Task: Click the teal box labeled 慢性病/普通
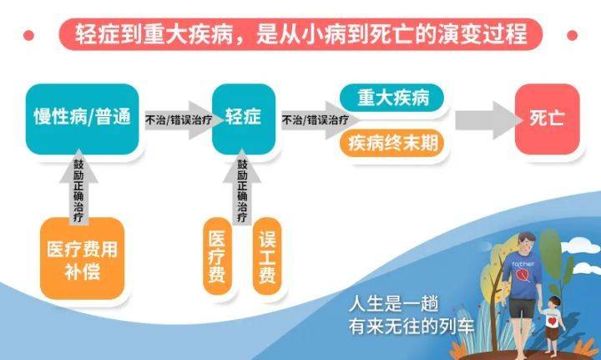(82, 118)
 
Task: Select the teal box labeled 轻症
(243, 118)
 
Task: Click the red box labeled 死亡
(546, 118)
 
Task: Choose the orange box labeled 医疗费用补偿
(82, 258)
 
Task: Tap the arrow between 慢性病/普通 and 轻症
(177, 119)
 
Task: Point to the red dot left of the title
(29, 34)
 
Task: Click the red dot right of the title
(573, 34)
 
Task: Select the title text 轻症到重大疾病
(150, 35)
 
